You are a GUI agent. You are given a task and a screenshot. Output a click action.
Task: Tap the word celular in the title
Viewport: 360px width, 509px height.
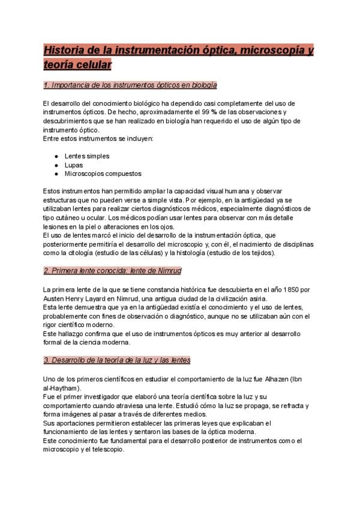pyautogui.click(x=91, y=64)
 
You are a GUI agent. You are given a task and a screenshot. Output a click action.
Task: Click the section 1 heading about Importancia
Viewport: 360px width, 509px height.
pyautogui.click(x=130, y=86)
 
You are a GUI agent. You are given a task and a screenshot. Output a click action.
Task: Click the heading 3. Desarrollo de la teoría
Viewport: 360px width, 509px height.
pyautogui.click(x=117, y=360)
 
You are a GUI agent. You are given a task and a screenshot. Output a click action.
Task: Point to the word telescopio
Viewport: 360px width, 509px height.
pyautogui.click(x=109, y=449)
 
